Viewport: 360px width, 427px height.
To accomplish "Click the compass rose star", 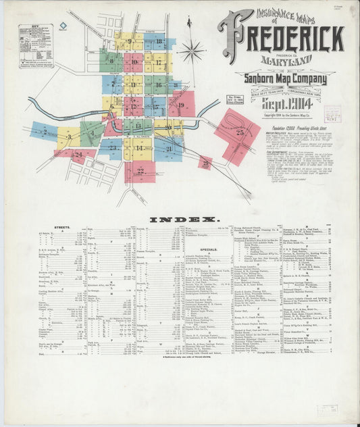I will click(192, 49).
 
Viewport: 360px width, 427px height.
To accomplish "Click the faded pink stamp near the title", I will click(332, 113).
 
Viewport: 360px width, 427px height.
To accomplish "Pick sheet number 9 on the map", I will click(128, 42).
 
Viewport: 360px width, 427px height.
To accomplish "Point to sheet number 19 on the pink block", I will click(181, 105).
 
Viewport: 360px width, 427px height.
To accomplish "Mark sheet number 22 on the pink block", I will click(140, 171).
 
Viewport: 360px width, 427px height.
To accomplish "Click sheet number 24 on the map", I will click(78, 155).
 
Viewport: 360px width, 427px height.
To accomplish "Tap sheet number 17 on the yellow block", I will click(159, 62).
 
